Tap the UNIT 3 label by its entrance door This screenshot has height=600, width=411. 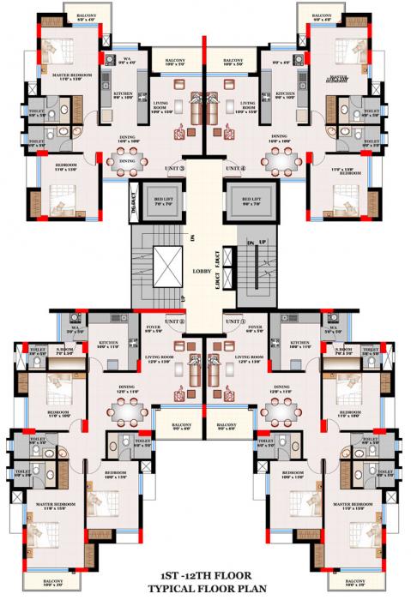(172, 167)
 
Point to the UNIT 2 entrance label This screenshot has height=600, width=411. (172, 321)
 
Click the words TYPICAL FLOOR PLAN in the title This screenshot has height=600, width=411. (206, 591)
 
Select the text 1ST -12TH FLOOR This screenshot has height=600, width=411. (206, 579)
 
